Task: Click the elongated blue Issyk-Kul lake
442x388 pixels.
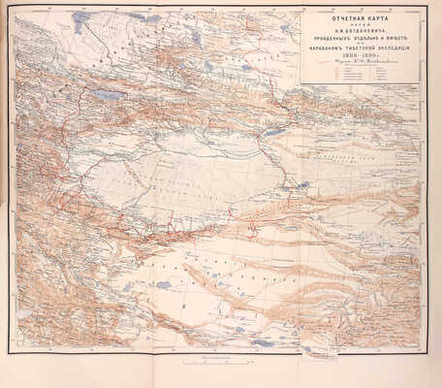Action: [x=104, y=94]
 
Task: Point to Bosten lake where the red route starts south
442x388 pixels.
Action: [x=275, y=131]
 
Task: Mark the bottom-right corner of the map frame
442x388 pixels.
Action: [x=420, y=348]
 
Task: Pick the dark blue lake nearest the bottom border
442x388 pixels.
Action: [x=262, y=341]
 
